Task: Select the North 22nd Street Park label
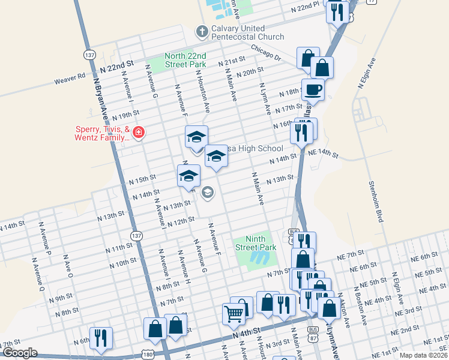tap(186, 61)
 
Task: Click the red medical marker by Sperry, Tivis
tap(139, 132)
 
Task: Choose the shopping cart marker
tap(234, 313)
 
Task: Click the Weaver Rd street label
tap(70, 77)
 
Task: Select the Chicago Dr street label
tap(266, 53)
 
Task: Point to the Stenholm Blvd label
tap(375, 201)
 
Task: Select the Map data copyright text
tap(424, 355)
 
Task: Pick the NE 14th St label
tap(324, 154)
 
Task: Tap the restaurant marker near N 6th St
tap(100, 338)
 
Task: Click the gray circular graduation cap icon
tap(208, 193)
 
